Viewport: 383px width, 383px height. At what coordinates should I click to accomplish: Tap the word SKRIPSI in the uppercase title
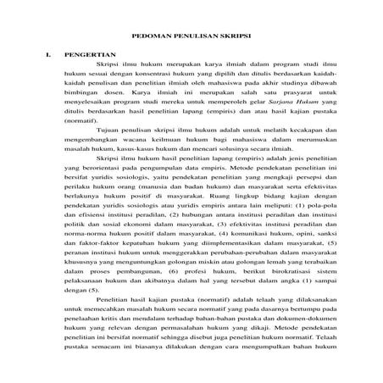tap(235, 36)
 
